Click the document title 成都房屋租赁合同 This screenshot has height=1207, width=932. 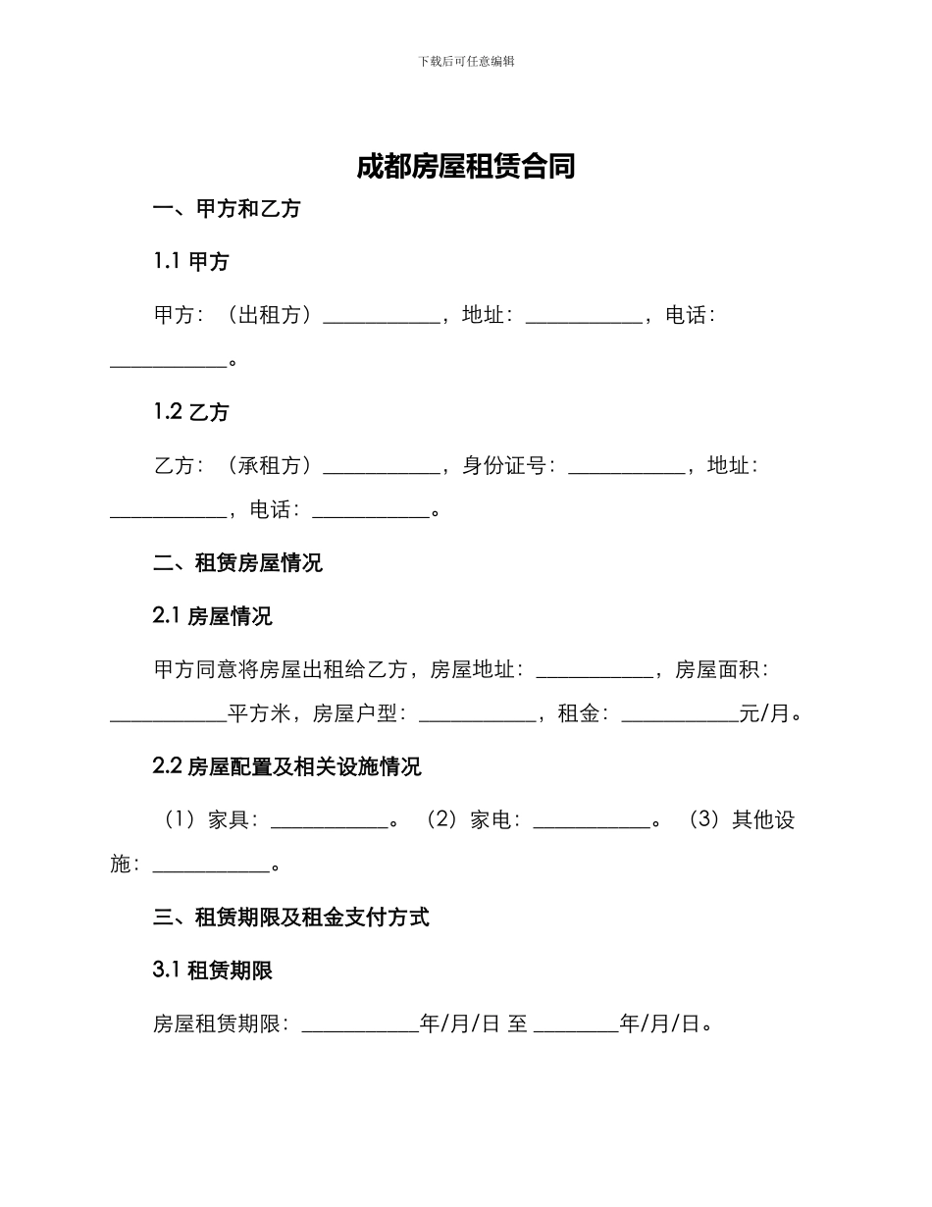(x=465, y=167)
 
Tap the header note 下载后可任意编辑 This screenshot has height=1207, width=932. (x=466, y=61)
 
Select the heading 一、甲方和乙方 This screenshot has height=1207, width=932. (x=227, y=209)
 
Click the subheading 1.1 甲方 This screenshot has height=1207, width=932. (x=191, y=262)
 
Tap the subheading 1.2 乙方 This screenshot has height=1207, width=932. (x=191, y=412)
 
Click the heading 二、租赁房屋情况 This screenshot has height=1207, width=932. (x=238, y=563)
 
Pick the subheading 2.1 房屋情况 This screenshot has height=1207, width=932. (x=213, y=616)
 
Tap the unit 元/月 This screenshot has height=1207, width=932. (x=764, y=714)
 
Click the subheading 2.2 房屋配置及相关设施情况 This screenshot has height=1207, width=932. (x=287, y=767)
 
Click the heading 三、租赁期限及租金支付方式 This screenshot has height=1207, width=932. (x=291, y=918)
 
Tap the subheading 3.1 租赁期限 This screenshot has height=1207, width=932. (x=213, y=971)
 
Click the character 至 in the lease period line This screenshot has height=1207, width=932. (x=517, y=1024)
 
